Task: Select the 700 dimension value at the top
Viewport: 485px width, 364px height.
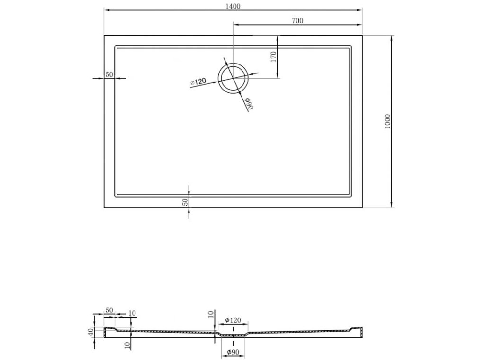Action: tap(297, 20)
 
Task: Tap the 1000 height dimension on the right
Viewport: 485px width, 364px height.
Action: tap(387, 122)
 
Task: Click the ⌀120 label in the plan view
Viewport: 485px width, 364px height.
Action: tap(198, 82)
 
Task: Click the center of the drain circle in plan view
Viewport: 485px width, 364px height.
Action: tap(233, 78)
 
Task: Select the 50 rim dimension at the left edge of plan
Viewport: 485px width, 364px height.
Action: tap(109, 74)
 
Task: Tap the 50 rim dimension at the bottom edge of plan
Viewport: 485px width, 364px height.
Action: tap(185, 201)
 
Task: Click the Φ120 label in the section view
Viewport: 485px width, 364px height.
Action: tap(233, 320)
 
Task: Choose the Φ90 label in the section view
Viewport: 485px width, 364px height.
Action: tap(232, 352)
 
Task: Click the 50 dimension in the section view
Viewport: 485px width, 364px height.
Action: tap(109, 310)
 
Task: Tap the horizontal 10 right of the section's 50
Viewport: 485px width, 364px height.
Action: tap(132, 313)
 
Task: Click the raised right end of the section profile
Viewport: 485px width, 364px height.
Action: tap(356, 328)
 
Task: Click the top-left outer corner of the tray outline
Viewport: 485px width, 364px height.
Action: tap(104, 35)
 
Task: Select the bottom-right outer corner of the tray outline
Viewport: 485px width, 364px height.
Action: tap(363, 208)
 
